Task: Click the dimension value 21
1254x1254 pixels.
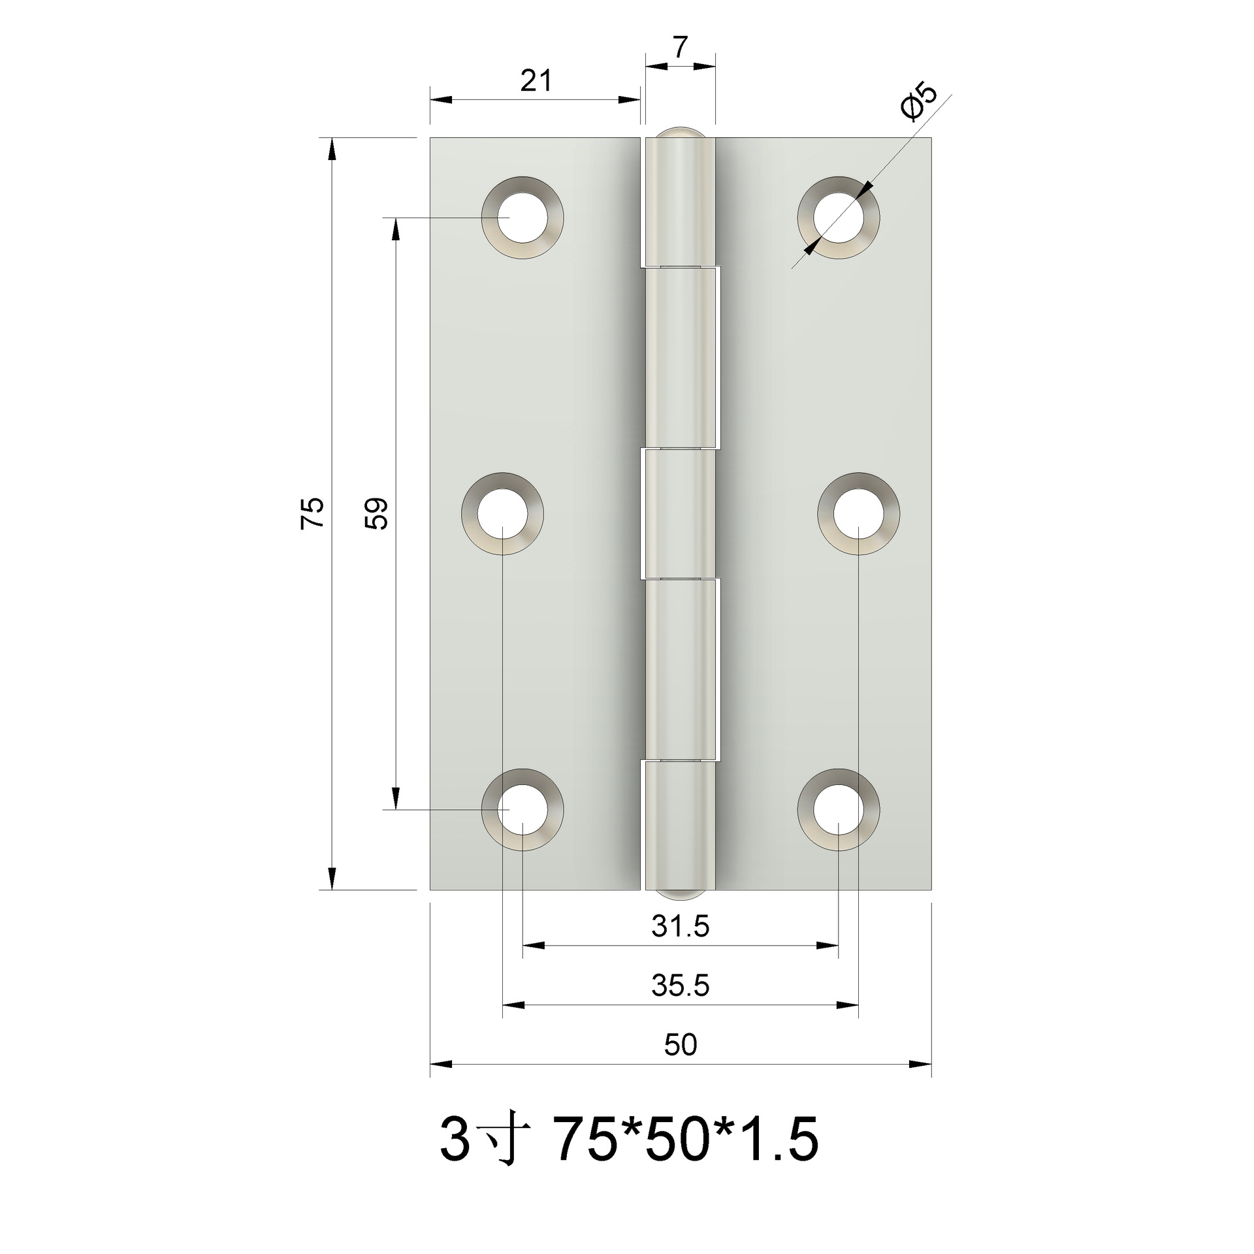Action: (536, 81)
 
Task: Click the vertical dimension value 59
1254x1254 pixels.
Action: (377, 513)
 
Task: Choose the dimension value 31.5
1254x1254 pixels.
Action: (680, 926)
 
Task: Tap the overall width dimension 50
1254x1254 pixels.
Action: (680, 1046)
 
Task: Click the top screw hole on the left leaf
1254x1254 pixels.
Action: (522, 217)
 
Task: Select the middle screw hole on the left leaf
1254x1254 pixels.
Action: (502, 513)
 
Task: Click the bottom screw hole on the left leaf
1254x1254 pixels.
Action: (522, 810)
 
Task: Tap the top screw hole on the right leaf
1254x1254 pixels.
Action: (838, 217)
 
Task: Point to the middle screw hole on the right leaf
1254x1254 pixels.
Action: (858, 513)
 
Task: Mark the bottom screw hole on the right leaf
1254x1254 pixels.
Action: (838, 810)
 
